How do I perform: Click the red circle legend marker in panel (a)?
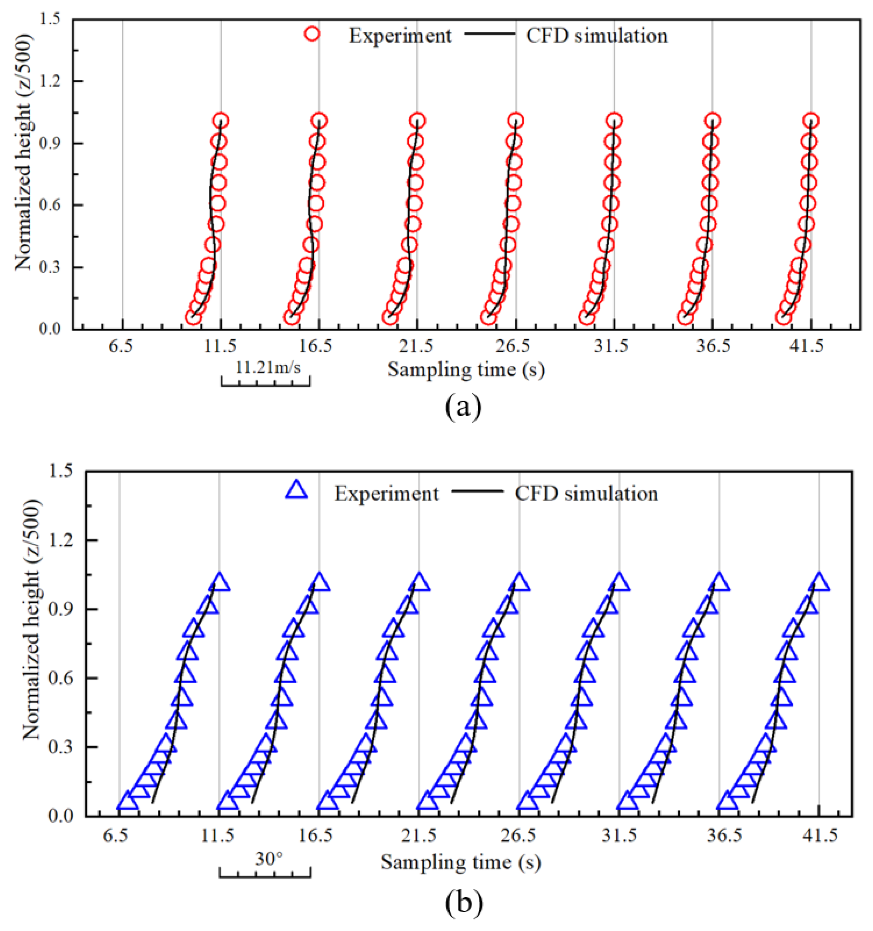(x=312, y=34)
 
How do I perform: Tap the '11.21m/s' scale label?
(x=267, y=367)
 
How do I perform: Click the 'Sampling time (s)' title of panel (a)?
(x=466, y=370)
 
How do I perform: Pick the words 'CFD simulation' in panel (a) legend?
(x=597, y=36)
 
